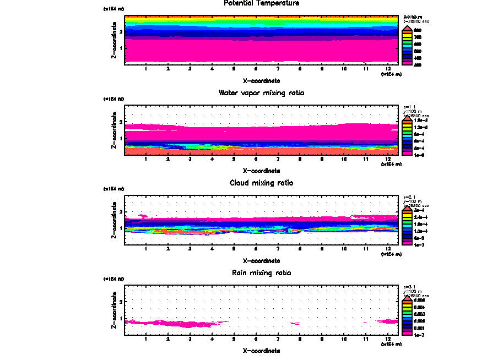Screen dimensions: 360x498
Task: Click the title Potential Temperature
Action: (x=262, y=3)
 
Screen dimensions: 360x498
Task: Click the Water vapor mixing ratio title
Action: (x=262, y=93)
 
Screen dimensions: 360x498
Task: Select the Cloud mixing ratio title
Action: (x=262, y=183)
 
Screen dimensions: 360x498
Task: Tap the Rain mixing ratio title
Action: (x=262, y=272)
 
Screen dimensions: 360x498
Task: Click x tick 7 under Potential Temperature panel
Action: (x=278, y=69)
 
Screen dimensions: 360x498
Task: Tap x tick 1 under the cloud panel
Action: (x=145, y=249)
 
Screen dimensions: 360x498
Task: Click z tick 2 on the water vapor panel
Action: (x=120, y=122)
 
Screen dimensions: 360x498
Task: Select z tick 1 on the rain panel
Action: (x=120, y=318)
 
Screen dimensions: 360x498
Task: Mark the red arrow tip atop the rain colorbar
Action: (x=407, y=296)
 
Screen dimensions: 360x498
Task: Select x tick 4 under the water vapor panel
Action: (x=212, y=159)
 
